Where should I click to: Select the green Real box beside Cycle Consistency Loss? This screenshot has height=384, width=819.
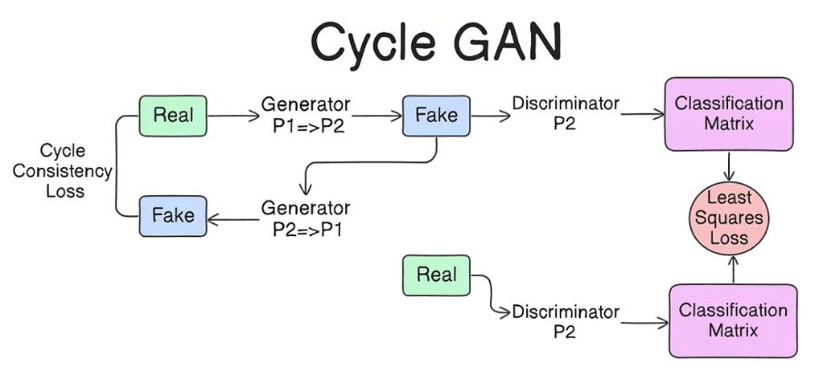173,115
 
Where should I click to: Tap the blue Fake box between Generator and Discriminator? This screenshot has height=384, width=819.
435,115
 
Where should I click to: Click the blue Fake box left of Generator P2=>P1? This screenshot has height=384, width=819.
173,215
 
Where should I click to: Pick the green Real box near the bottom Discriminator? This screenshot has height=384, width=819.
436,274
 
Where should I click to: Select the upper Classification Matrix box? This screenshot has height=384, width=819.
728,113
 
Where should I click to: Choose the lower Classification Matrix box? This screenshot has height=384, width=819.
733,320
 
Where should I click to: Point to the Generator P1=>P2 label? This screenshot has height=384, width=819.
305,115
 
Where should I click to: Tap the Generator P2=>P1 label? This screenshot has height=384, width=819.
305,218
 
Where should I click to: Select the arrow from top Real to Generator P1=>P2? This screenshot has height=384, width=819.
234,116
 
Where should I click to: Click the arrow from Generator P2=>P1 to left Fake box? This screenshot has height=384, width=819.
233,218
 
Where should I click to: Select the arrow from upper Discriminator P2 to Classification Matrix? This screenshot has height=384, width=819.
642,114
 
